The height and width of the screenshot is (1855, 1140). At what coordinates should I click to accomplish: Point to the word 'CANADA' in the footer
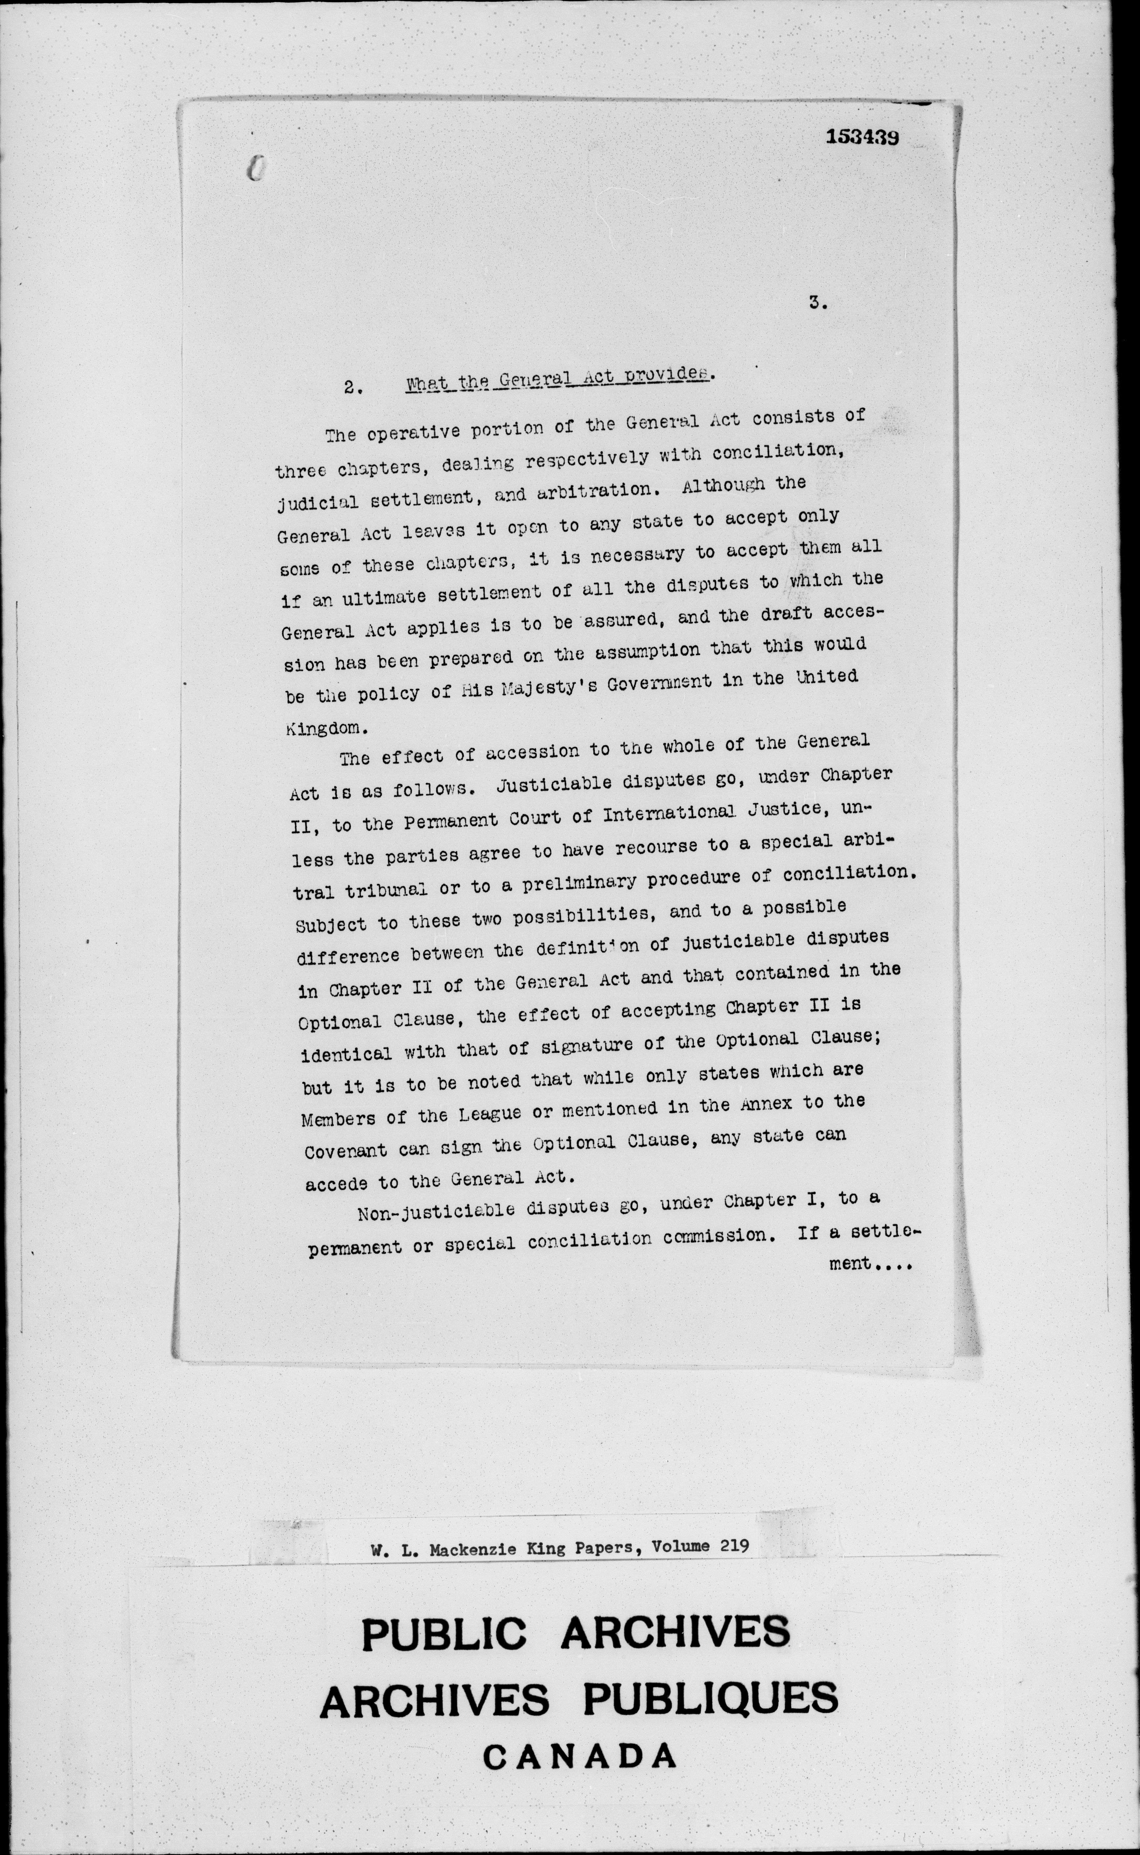point(579,1757)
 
